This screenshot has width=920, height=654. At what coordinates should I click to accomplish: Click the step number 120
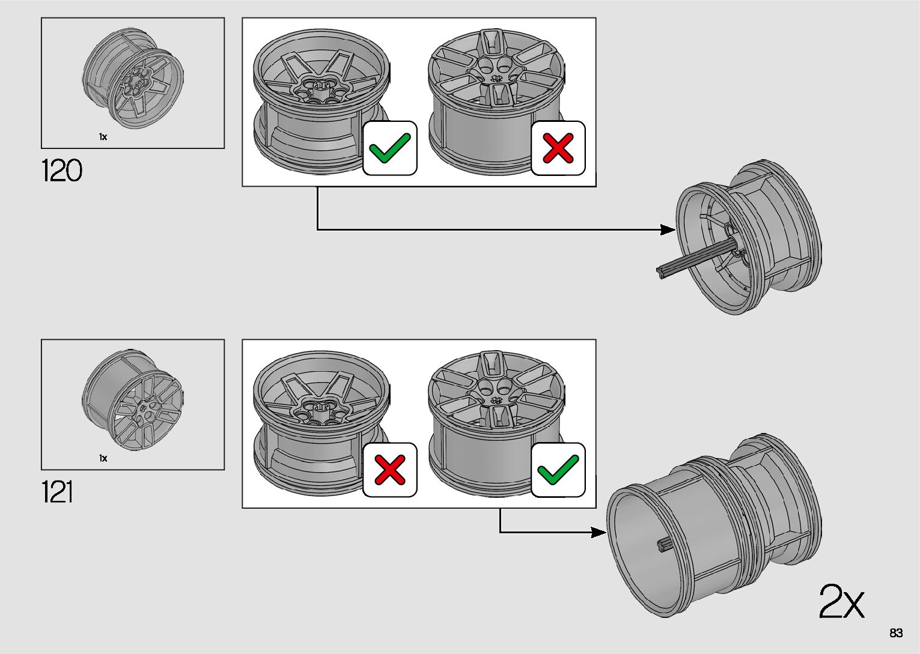click(x=61, y=171)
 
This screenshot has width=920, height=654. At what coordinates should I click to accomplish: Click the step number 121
click(x=57, y=492)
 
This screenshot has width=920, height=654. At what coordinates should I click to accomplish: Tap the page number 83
click(x=896, y=633)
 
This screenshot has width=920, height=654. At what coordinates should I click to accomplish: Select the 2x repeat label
click(x=841, y=601)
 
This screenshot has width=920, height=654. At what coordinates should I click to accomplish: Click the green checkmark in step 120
click(x=389, y=148)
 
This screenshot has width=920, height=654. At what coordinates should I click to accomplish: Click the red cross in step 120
click(x=558, y=148)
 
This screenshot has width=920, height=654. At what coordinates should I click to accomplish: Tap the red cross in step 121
click(x=389, y=470)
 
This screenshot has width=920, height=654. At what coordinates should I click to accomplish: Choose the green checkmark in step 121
click(x=558, y=470)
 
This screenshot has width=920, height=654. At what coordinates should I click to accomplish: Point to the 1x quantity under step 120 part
click(x=103, y=137)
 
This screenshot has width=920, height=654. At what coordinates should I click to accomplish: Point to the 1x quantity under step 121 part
click(x=103, y=458)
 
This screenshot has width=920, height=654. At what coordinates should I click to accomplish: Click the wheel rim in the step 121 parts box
click(x=133, y=401)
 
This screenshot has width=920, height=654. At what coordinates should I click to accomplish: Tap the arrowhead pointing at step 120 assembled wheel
click(x=668, y=229)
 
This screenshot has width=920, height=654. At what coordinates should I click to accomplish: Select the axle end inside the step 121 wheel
click(x=663, y=545)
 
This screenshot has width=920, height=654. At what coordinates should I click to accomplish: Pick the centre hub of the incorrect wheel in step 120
click(x=497, y=79)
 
